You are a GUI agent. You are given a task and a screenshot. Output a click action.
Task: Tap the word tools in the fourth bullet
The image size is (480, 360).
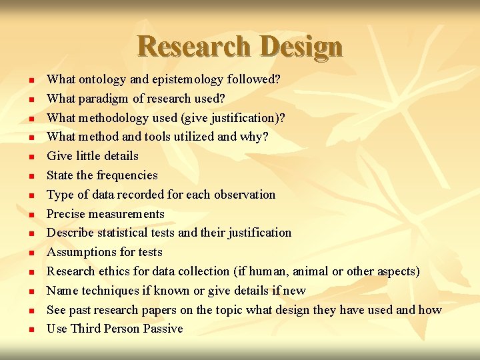175,137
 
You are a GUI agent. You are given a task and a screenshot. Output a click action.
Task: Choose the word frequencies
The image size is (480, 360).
127,175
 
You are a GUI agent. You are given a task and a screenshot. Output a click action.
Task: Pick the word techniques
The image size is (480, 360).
105,291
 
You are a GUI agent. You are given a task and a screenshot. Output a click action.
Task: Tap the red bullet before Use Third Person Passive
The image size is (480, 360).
31,330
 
